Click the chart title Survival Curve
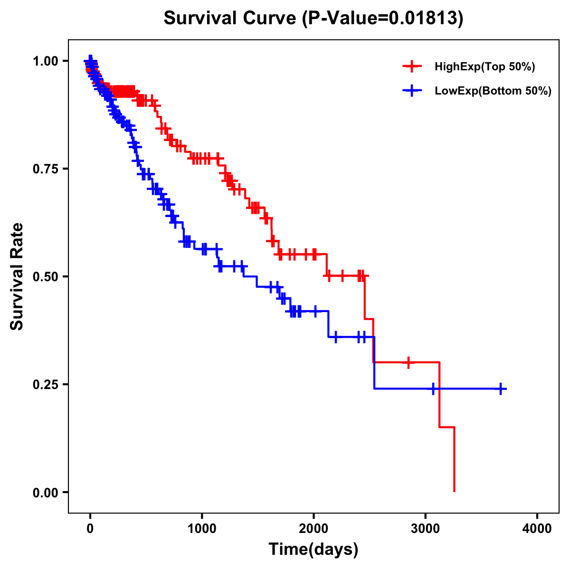tap(230, 19)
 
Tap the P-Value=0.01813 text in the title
tap(383, 19)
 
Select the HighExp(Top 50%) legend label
tap(485, 67)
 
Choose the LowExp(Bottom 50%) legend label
tap(493, 91)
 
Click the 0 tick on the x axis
tap(90, 529)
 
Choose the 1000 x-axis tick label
tap(202, 529)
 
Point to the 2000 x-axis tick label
tap(313, 529)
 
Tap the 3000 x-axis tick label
tap(426, 529)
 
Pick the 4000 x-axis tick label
tap(537, 529)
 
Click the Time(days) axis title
tap(313, 550)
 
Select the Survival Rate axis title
tap(18, 276)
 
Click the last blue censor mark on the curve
tap(501, 389)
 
